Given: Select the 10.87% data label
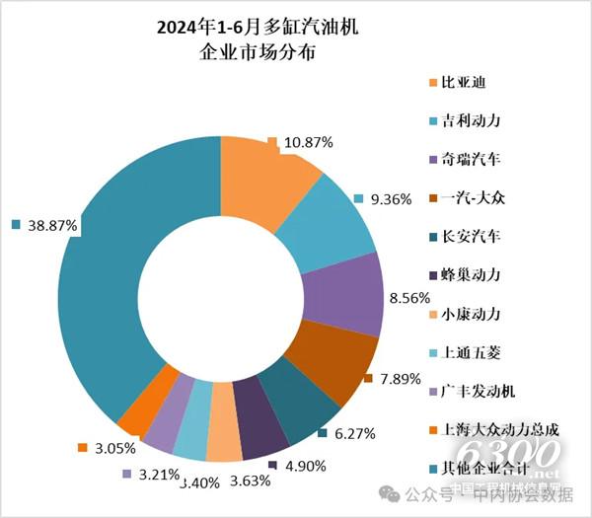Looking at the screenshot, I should tap(307, 143).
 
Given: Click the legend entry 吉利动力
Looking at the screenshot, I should tap(472, 119).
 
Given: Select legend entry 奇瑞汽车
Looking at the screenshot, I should tap(472, 158).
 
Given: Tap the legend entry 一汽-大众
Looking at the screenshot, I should tap(472, 197).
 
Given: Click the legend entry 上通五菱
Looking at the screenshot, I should tap(472, 352).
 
